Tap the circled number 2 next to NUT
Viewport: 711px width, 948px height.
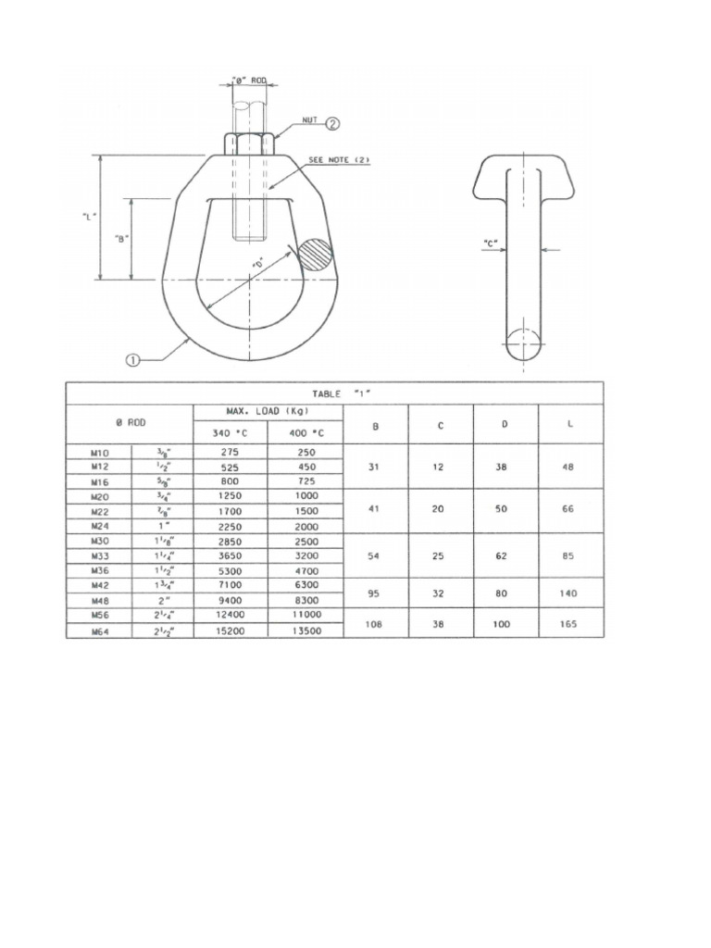click(x=333, y=122)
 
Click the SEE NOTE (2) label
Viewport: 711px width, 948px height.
click(x=338, y=160)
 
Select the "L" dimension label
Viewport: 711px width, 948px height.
click(x=88, y=216)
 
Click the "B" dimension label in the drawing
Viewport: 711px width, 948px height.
click(x=120, y=238)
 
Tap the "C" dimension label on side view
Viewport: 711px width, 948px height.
click(x=491, y=245)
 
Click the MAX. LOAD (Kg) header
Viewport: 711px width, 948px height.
click(x=268, y=411)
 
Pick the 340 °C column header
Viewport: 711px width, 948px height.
click(x=230, y=432)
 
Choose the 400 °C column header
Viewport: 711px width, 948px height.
click(x=304, y=432)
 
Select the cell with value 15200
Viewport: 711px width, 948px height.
click(x=230, y=630)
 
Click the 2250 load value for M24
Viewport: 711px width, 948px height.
click(x=230, y=526)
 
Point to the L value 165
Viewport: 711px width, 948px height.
click(x=569, y=623)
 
